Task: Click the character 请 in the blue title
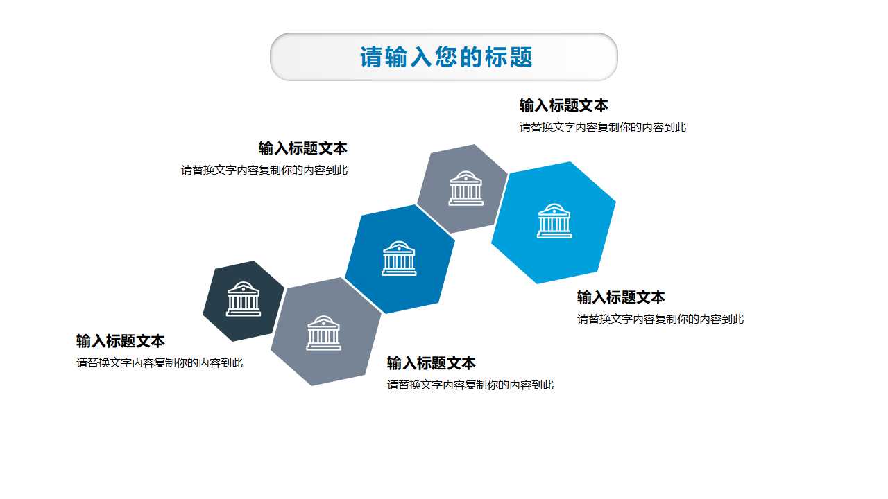(371, 57)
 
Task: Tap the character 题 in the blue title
(521, 57)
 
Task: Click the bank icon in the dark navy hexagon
(244, 299)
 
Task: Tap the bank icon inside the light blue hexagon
(554, 221)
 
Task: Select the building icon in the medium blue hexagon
(399, 259)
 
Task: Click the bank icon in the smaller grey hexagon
(466, 188)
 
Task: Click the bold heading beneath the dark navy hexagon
(121, 341)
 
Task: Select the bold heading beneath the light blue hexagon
(621, 297)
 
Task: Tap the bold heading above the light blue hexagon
(563, 105)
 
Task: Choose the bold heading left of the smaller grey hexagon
(302, 148)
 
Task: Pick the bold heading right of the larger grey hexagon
(431, 363)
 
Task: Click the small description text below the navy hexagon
(160, 362)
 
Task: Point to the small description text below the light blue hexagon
(660, 319)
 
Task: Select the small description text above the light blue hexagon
(602, 127)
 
